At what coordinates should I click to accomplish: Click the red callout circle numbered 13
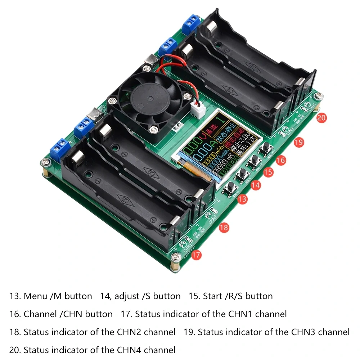pos(243,199)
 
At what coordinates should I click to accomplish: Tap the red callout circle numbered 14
pos(255,185)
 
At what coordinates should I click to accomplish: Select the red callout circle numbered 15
pos(268,172)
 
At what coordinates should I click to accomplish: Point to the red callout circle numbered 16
pos(281,160)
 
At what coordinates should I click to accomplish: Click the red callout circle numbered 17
pos(196,255)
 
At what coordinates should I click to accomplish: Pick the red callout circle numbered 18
pos(224,228)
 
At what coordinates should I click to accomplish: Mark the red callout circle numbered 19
pos(298,142)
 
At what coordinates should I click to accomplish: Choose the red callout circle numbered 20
pos(321,117)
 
